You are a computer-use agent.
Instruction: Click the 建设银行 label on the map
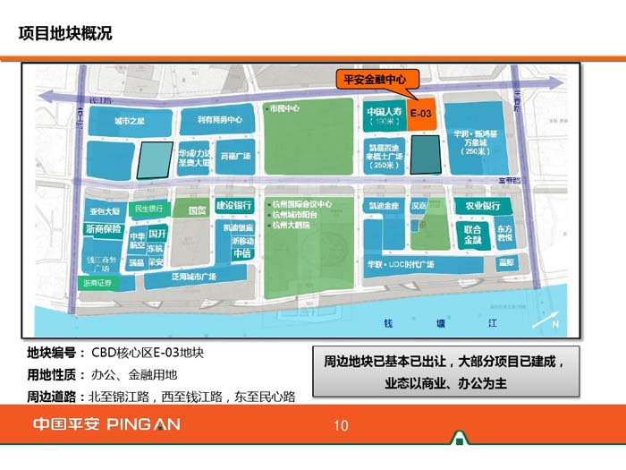click(234, 206)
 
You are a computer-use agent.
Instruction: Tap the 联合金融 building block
click(473, 235)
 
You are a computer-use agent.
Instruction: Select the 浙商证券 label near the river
click(97, 283)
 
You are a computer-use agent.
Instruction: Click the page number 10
click(341, 425)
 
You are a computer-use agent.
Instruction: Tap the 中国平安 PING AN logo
click(106, 424)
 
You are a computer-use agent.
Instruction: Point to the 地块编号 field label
click(55, 353)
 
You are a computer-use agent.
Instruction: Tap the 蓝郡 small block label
click(507, 262)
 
